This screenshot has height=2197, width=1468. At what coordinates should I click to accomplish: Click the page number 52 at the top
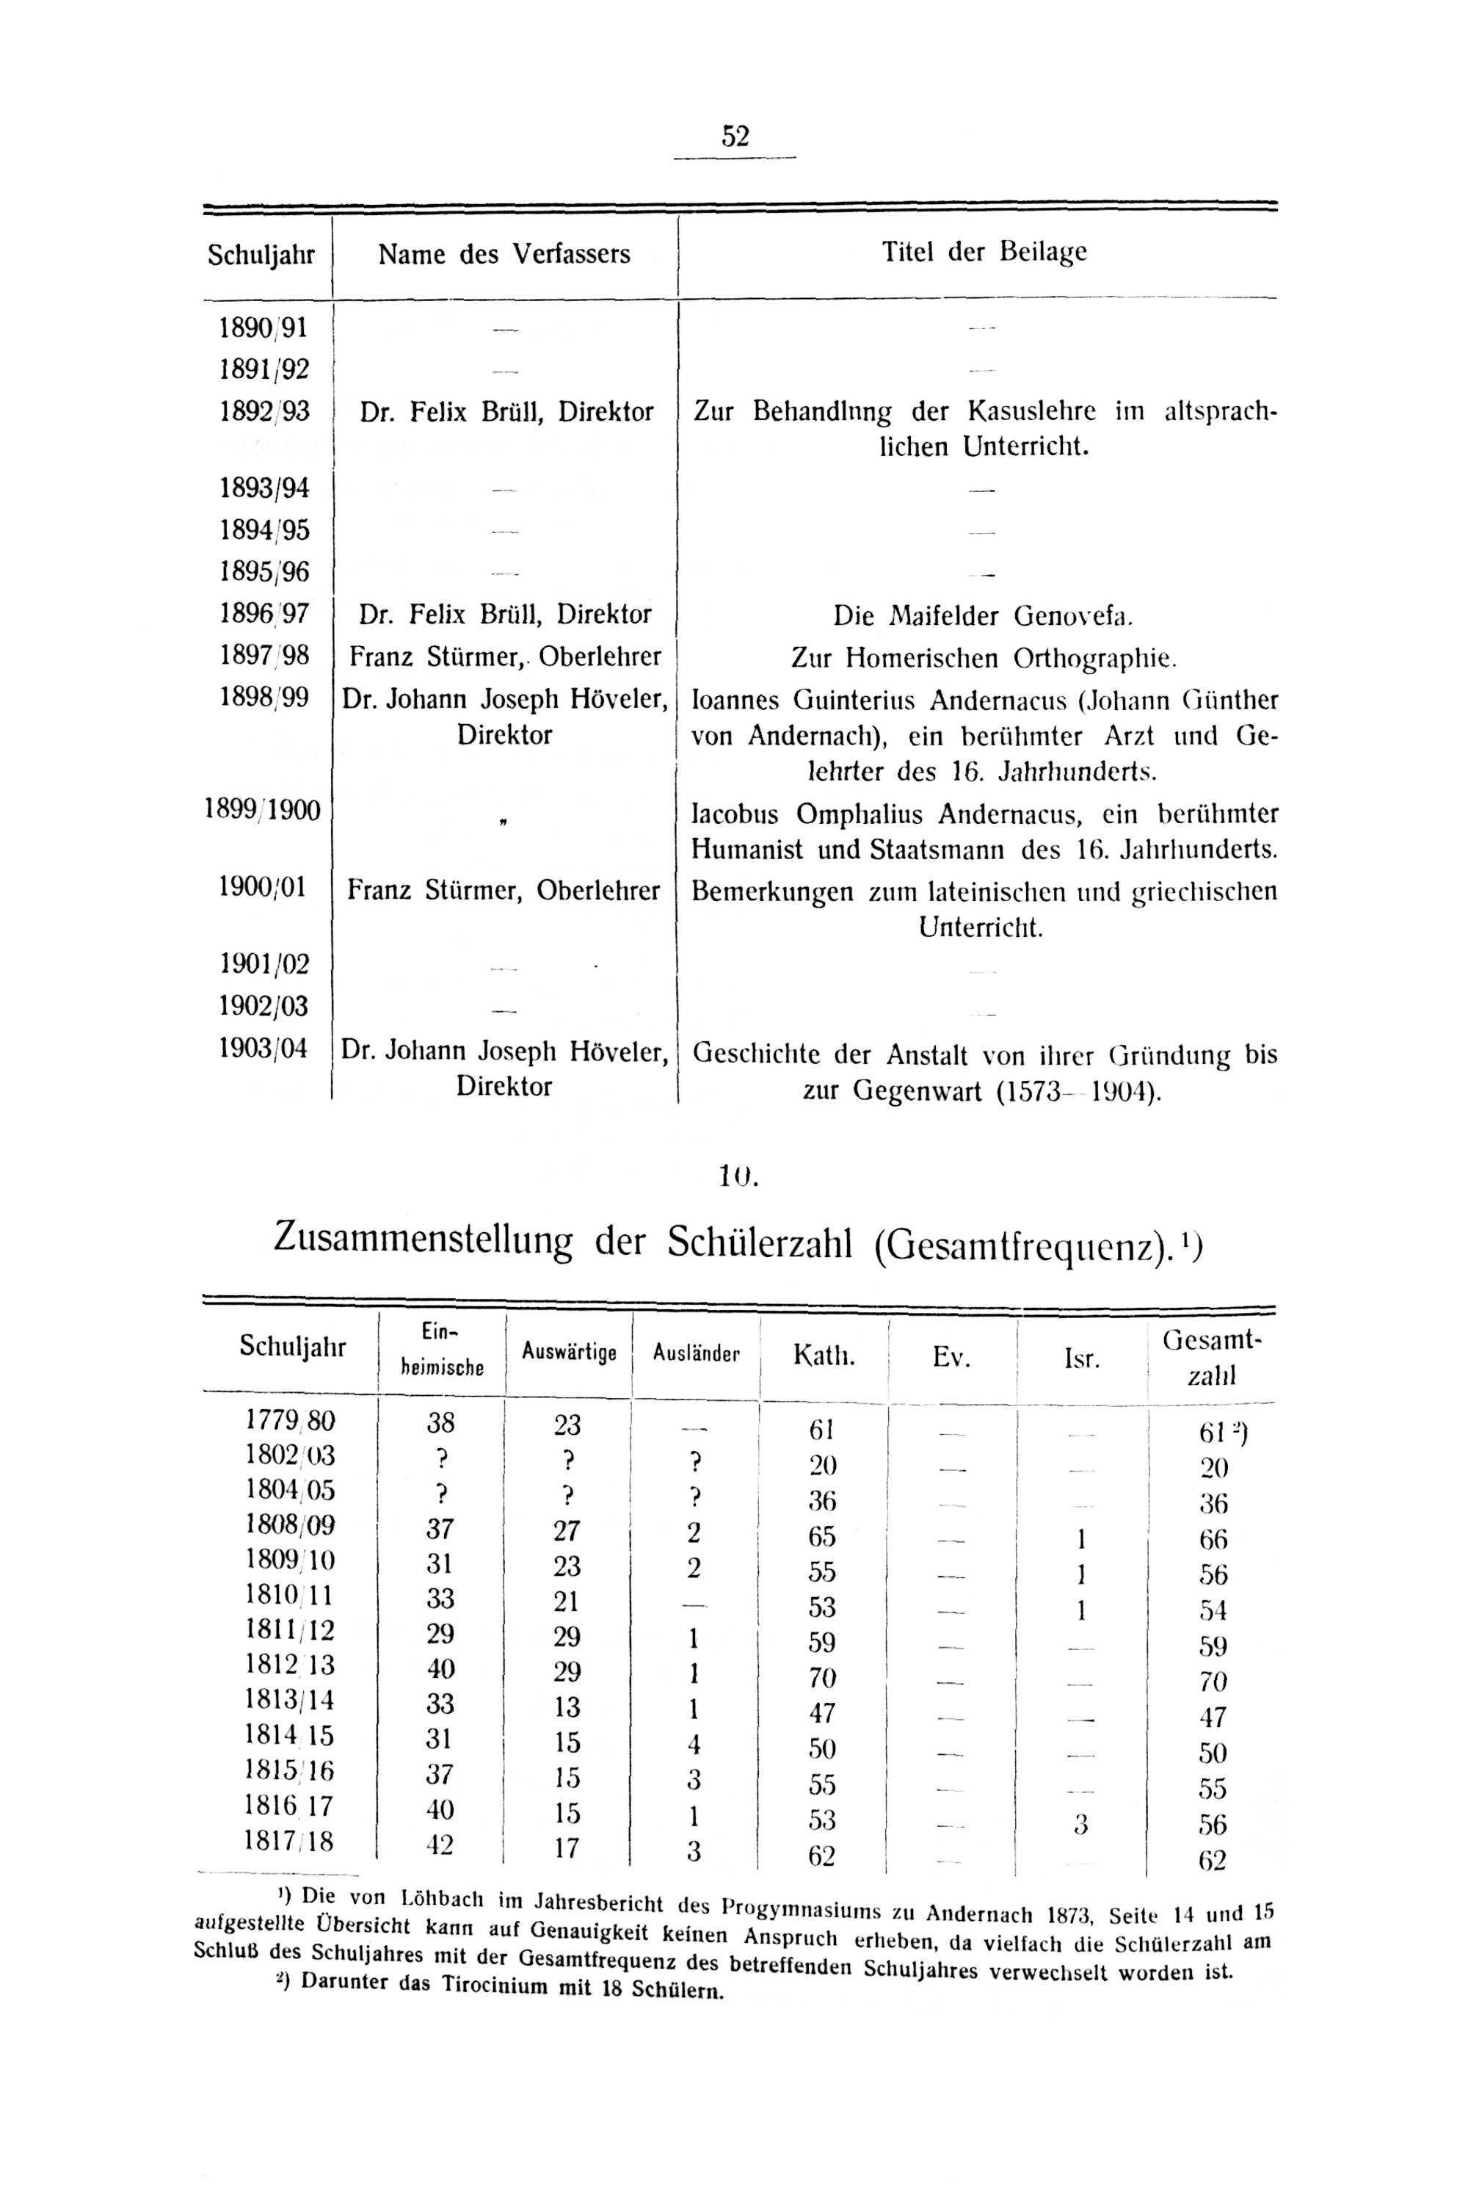point(735,137)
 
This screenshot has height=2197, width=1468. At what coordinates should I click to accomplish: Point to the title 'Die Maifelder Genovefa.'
point(983,615)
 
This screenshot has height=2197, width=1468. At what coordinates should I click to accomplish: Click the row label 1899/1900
point(263,810)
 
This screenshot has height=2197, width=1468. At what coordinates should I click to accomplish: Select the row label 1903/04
point(263,1048)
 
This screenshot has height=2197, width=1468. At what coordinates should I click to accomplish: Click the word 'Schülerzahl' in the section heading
point(759,1242)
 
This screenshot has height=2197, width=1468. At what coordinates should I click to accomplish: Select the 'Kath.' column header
point(824,1355)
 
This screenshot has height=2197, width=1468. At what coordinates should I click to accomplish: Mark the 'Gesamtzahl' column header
point(1213,1358)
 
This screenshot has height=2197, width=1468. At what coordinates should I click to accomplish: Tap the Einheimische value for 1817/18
point(439,1845)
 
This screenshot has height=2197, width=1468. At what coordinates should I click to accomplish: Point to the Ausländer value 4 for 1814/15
point(694,1744)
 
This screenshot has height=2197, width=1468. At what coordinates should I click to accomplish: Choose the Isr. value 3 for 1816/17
point(1081,1823)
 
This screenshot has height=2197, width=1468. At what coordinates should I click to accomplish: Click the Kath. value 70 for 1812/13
point(821,1676)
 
